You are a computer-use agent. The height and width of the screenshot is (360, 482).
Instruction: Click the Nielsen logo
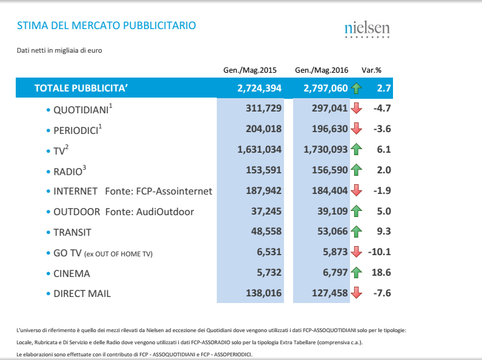tap(367, 30)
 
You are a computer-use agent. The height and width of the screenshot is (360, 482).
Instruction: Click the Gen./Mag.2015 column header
tap(250, 70)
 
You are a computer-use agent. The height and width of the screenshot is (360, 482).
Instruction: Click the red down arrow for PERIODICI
tap(356, 129)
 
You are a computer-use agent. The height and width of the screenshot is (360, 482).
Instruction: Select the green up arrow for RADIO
tap(356, 170)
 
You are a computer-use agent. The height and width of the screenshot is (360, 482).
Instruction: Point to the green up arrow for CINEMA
tap(356, 273)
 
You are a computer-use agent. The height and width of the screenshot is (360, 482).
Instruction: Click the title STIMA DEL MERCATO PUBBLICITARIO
tap(107, 26)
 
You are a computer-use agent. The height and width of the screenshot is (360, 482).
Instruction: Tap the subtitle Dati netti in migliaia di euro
tap(59, 50)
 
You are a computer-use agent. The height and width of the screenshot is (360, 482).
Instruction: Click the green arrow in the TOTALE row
tap(356, 88)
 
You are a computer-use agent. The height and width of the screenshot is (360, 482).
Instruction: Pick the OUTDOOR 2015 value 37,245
tap(265, 212)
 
